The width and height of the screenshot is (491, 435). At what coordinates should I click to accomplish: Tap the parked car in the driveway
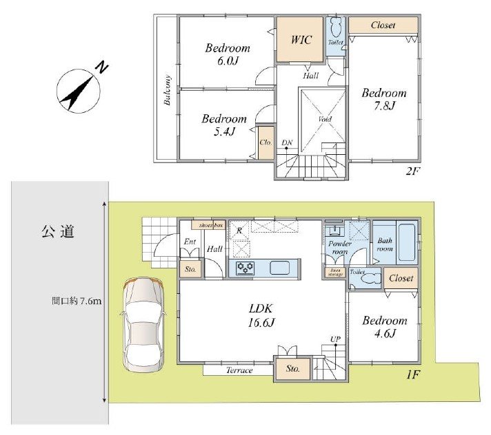click(143, 325)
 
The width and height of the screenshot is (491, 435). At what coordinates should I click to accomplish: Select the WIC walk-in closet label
click(301, 40)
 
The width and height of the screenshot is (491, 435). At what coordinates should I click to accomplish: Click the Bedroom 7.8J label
click(385, 99)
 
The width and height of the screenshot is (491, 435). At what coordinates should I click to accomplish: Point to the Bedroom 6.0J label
click(228, 55)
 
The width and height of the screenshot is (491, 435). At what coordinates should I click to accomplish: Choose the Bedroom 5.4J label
click(223, 125)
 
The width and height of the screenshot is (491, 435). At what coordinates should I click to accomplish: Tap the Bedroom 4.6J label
click(385, 328)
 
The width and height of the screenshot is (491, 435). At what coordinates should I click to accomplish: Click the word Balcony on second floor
click(168, 89)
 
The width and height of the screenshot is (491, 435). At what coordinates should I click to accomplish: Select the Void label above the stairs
click(324, 119)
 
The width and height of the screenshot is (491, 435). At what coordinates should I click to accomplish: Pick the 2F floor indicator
click(412, 171)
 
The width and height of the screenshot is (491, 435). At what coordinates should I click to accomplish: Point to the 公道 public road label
click(57, 232)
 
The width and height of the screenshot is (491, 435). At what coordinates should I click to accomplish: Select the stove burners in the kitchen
click(245, 268)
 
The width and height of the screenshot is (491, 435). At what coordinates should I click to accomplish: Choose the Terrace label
click(239, 370)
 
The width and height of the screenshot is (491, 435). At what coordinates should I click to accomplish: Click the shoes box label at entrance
click(211, 225)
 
